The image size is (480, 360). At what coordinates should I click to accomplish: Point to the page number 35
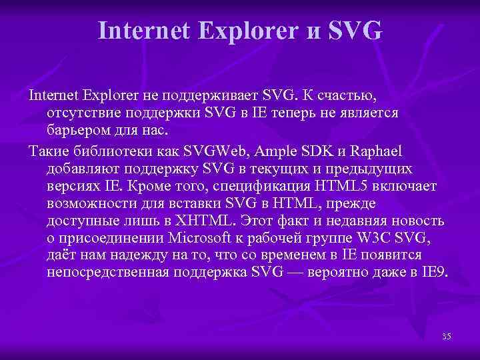click(446, 336)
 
